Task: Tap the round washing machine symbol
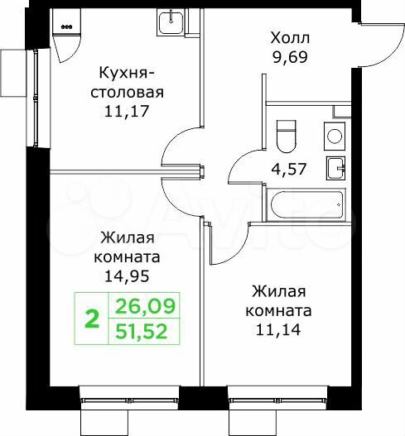pos(335,136)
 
